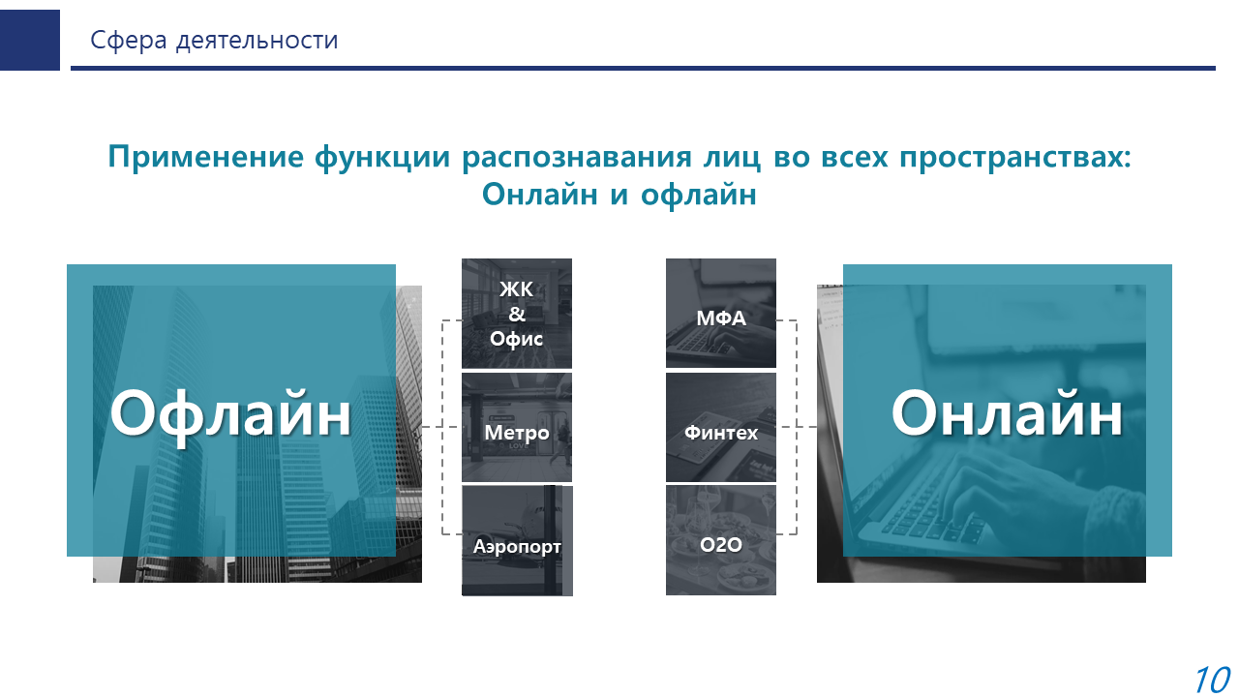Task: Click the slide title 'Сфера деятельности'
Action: point(214,41)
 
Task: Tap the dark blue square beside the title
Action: point(30,40)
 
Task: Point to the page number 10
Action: point(1213,680)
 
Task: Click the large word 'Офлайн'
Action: point(230,413)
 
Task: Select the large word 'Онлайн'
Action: point(1007,413)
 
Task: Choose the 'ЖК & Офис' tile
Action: point(517,313)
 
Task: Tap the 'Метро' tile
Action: point(517,427)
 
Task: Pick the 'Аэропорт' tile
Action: point(517,540)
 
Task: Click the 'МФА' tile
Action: point(721,313)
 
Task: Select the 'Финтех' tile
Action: point(721,427)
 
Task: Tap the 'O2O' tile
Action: point(721,540)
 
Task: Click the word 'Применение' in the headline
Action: point(206,157)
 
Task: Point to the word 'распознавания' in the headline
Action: point(577,158)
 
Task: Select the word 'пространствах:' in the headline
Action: point(1015,158)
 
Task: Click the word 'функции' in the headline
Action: point(382,158)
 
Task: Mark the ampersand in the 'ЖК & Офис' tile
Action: point(517,314)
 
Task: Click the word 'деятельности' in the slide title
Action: point(257,41)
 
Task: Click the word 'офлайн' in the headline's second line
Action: point(699,195)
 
